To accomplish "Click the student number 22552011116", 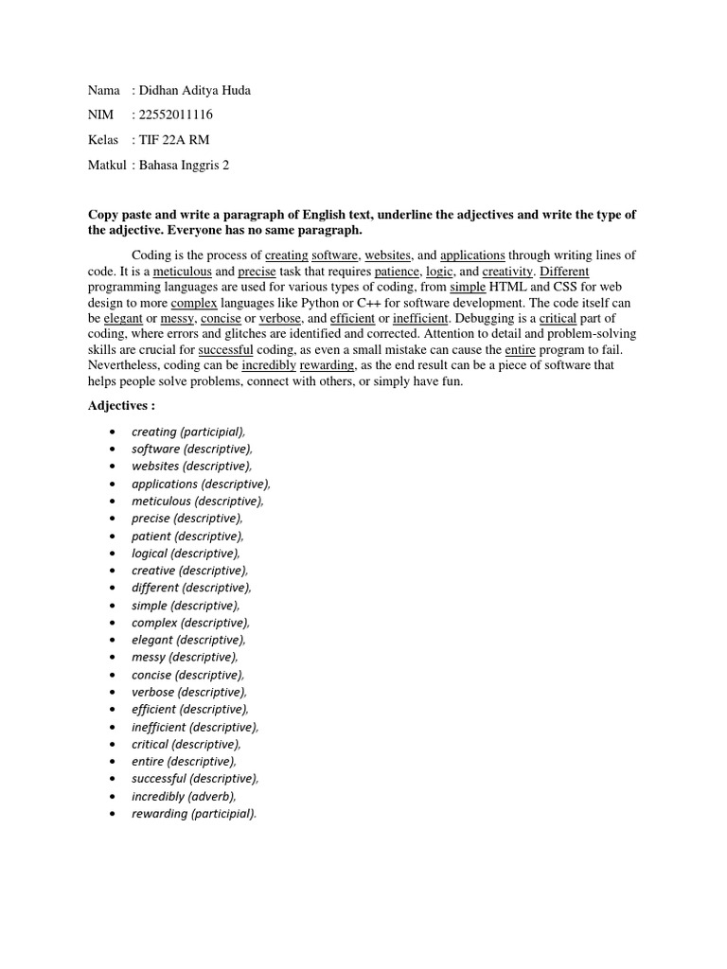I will click(x=177, y=115).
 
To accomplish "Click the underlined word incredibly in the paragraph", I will click(x=269, y=365).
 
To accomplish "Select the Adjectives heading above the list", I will click(x=121, y=405).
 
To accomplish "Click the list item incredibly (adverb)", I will click(x=185, y=797).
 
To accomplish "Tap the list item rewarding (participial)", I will click(x=194, y=814).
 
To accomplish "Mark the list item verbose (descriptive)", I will click(x=189, y=692).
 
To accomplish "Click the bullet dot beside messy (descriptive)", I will click(x=113, y=658).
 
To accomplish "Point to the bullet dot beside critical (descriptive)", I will click(x=113, y=745).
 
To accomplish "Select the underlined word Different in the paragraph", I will click(x=564, y=271).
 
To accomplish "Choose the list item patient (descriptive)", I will click(x=187, y=536).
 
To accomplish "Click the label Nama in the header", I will click(x=104, y=91).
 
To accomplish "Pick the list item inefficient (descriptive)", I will click(x=195, y=727).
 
